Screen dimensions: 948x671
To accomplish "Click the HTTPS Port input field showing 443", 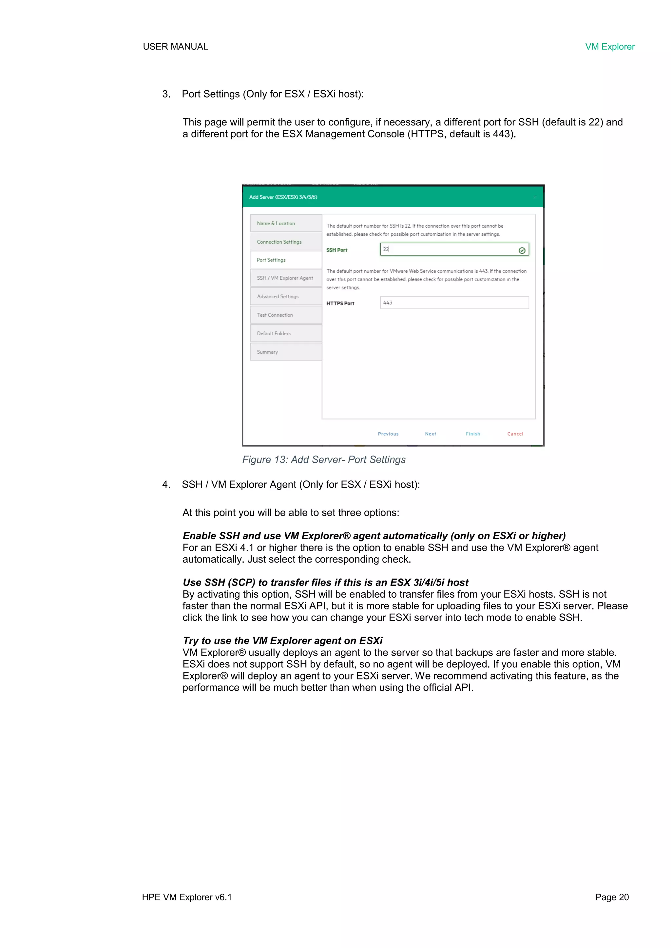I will point(454,303).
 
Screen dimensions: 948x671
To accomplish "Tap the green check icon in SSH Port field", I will point(522,250).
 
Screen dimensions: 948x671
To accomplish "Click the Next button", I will point(430,434).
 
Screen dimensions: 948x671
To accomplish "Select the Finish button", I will point(473,434).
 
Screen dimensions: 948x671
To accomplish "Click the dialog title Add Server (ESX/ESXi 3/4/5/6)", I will point(283,197).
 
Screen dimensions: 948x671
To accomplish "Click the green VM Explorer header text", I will point(609,46).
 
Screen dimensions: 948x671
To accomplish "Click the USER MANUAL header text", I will point(175,46).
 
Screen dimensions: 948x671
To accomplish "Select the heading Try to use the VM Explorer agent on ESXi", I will point(283,641).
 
